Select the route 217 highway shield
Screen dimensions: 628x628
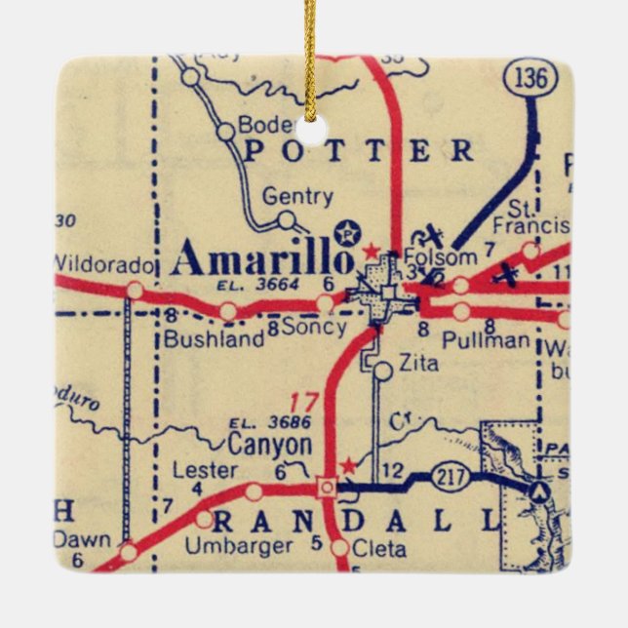point(454,479)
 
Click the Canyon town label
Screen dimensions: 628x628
point(270,446)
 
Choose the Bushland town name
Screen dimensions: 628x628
point(214,339)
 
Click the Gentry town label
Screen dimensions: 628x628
point(297,197)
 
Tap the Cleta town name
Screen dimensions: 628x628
point(378,549)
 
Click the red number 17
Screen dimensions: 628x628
point(305,401)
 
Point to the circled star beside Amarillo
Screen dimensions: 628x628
point(346,233)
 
